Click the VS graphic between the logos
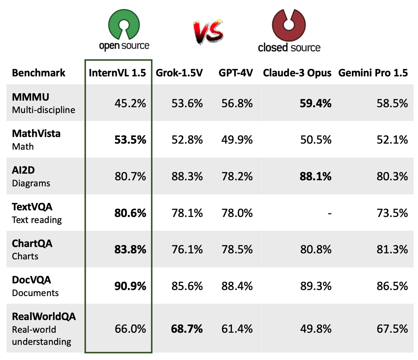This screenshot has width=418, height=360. pyautogui.click(x=208, y=32)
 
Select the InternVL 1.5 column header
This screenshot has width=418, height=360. pyautogui.click(x=117, y=73)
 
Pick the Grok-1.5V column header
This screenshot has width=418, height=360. pyautogui.click(x=179, y=73)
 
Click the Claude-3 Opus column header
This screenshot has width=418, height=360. pyautogui.click(x=297, y=73)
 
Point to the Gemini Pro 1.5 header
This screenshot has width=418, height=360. pyautogui.click(x=373, y=73)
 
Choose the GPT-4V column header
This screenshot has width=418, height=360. pyautogui.click(x=235, y=73)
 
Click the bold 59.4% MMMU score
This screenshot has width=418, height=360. pyautogui.click(x=315, y=103)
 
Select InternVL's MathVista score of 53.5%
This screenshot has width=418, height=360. pyautogui.click(x=130, y=140)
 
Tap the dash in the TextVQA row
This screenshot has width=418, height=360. pyautogui.click(x=330, y=213)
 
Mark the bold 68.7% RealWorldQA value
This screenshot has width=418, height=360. pyautogui.click(x=187, y=329)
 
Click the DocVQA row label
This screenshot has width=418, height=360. pyautogui.click(x=32, y=280)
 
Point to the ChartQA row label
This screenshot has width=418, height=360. pyautogui.click(x=32, y=243)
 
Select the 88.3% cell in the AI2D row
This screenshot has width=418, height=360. pyautogui.click(x=187, y=176)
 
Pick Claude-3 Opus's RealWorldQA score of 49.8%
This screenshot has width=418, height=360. pyautogui.click(x=315, y=329)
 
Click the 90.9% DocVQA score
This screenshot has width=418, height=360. pyautogui.click(x=130, y=286)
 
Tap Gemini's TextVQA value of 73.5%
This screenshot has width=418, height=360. pyautogui.click(x=392, y=213)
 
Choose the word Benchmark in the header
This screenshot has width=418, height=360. pyautogui.click(x=39, y=73)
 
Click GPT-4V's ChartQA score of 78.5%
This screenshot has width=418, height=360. pyautogui.click(x=237, y=250)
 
